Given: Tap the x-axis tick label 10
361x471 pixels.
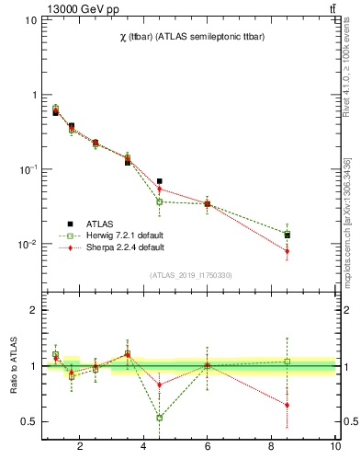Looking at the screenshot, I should pos(335,447).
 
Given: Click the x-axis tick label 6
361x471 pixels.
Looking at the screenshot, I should pos(208,447).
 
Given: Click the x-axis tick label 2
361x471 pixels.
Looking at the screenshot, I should pos(80,447).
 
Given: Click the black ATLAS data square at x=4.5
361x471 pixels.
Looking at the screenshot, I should pos(160,181).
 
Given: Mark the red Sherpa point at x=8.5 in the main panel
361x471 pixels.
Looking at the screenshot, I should pos(288,250).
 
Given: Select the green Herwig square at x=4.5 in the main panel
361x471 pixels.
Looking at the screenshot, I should pos(160,201).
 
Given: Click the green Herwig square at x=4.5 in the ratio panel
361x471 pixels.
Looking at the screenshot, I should pos(160,417).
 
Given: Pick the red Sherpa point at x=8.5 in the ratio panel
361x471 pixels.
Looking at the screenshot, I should pos(288,405).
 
